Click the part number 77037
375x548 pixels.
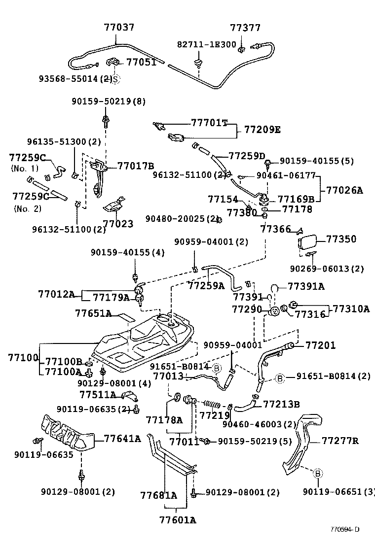pyautogui.click(x=119, y=27)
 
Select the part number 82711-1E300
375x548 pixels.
pyautogui.click(x=207, y=44)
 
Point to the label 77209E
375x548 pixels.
pyautogui.click(x=262, y=130)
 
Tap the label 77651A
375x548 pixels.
pyautogui.click(x=93, y=313)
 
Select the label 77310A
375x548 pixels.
pyautogui.click(x=351, y=309)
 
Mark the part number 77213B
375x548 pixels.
pyautogui.click(x=281, y=404)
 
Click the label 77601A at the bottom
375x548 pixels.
pyautogui.click(x=178, y=519)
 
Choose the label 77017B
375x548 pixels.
pyautogui.click(x=136, y=166)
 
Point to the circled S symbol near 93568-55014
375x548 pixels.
pyautogui.click(x=115, y=79)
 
